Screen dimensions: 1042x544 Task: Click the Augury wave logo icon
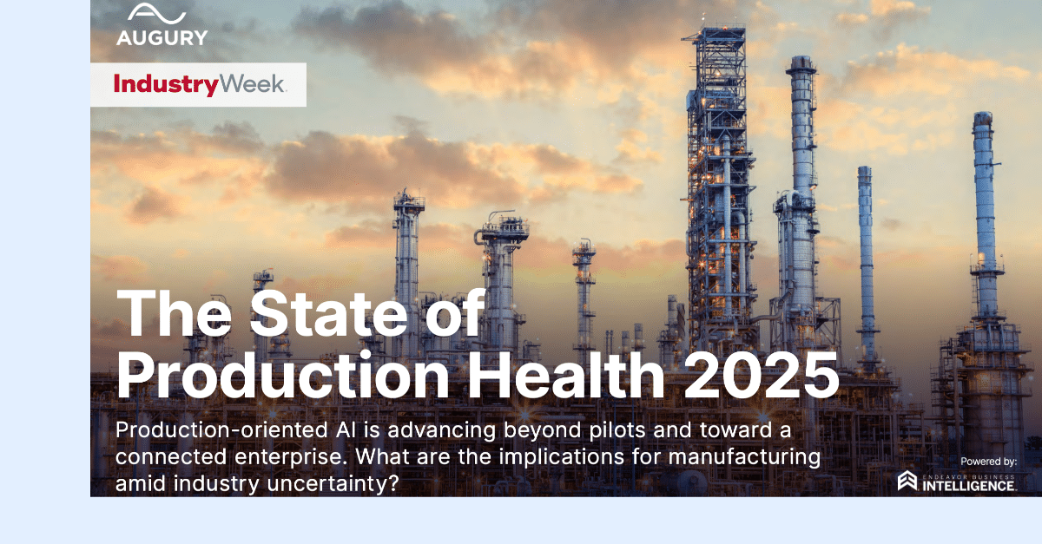pyautogui.click(x=156, y=13)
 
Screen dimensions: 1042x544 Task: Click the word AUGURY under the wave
pyautogui.click(x=162, y=37)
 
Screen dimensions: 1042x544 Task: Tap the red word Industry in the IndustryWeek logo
pyautogui.click(x=166, y=85)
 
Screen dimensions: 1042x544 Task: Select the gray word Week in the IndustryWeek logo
pyautogui.click(x=252, y=83)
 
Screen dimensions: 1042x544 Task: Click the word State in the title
pyautogui.click(x=329, y=313)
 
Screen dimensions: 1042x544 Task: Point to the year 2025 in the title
pyautogui.click(x=762, y=375)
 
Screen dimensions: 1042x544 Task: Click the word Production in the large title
pyautogui.click(x=282, y=375)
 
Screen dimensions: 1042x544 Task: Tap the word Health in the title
pyautogui.click(x=565, y=374)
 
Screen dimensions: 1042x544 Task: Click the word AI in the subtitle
pyautogui.click(x=346, y=429)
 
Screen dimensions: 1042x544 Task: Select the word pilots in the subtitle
pyautogui.click(x=617, y=430)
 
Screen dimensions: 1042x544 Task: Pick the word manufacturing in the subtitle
pyautogui.click(x=744, y=457)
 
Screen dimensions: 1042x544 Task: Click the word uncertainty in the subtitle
pyautogui.click(x=333, y=484)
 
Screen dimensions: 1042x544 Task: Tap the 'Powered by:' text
pyautogui.click(x=988, y=462)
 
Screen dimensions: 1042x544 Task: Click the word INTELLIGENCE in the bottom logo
pyautogui.click(x=968, y=486)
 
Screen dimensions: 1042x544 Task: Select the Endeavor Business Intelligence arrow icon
pyautogui.click(x=907, y=481)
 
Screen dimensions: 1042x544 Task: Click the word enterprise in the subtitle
pyautogui.click(x=290, y=457)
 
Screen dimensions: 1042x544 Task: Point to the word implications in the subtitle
pyautogui.click(x=562, y=457)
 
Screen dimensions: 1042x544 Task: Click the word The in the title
pyautogui.click(x=174, y=313)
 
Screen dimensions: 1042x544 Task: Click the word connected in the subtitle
pyautogui.click(x=171, y=456)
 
